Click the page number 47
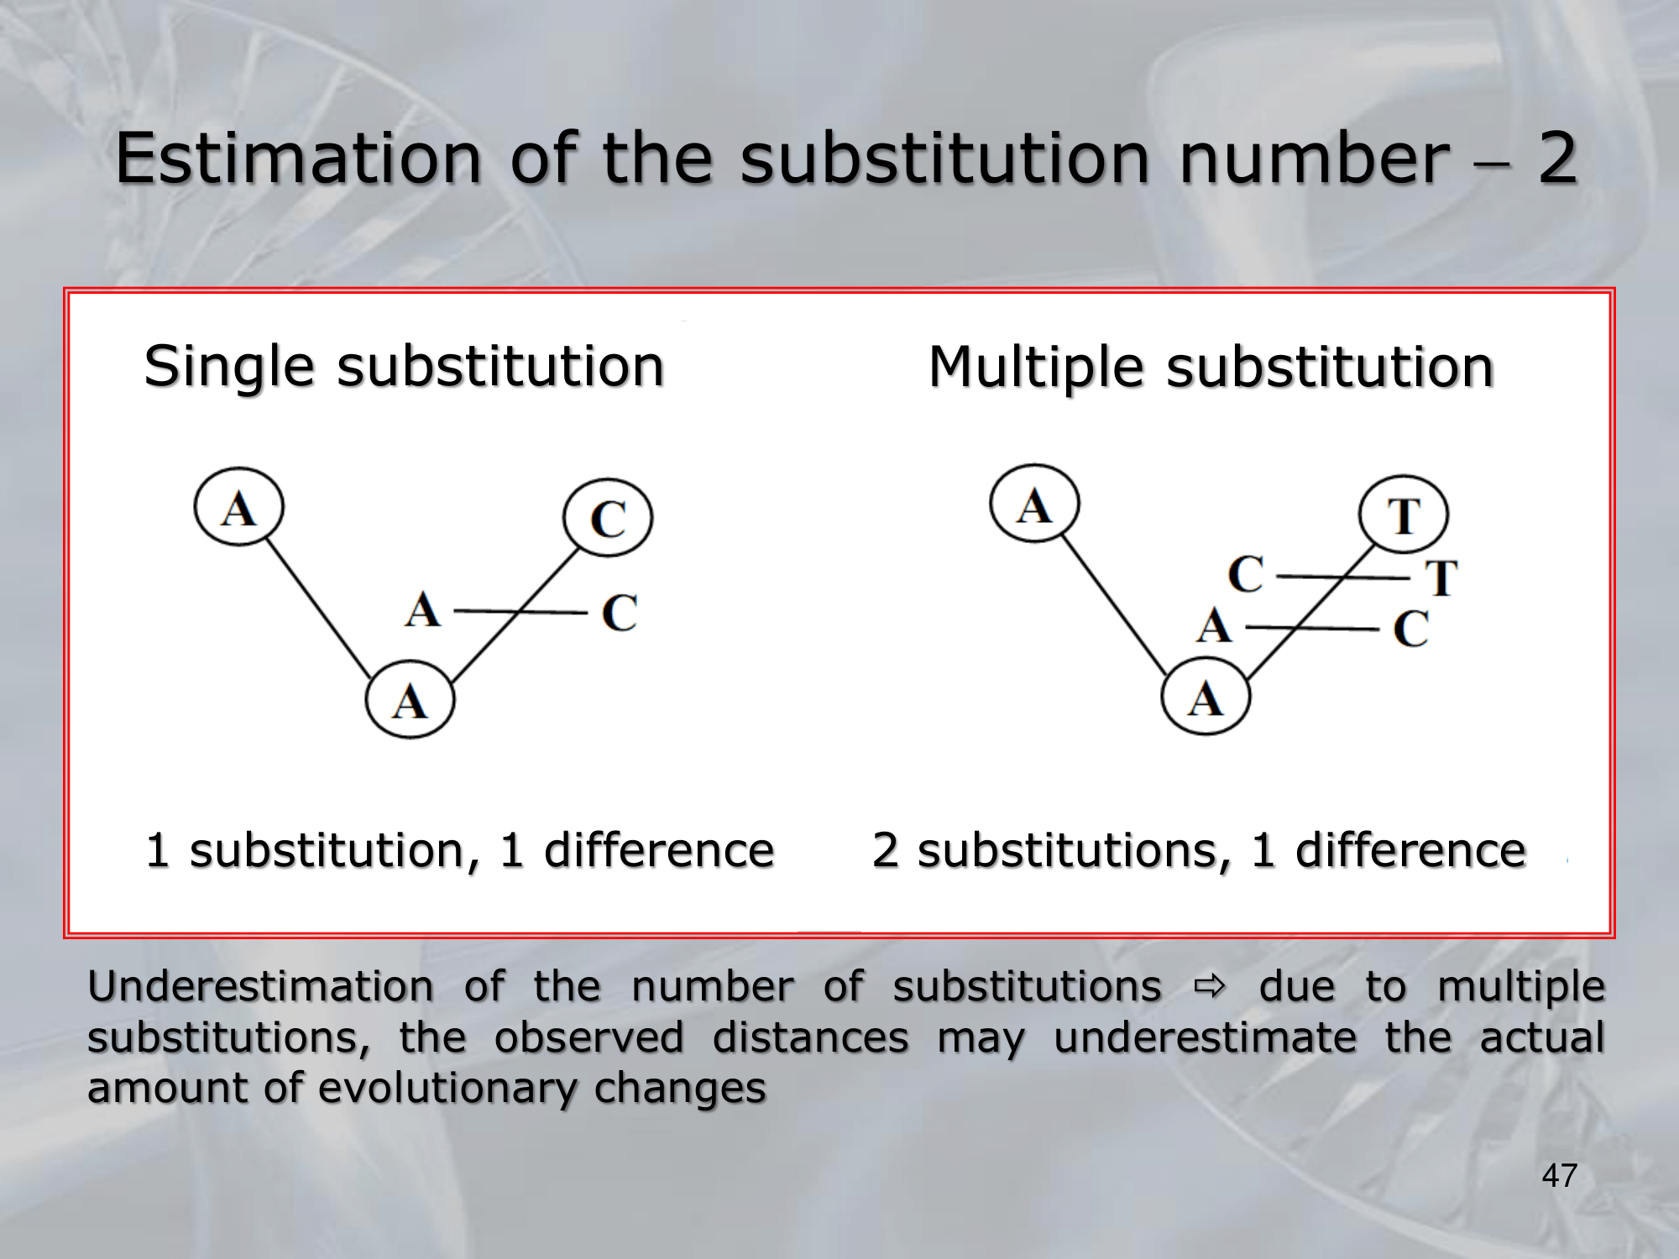click(x=1559, y=1176)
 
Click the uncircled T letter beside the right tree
click(x=1442, y=577)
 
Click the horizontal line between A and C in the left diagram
click(x=520, y=612)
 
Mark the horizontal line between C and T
click(x=1342, y=577)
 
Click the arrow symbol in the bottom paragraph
click(x=1210, y=987)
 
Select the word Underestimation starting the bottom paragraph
click(x=261, y=986)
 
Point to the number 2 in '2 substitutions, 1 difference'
click(x=885, y=849)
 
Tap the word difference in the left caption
click(x=659, y=849)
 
